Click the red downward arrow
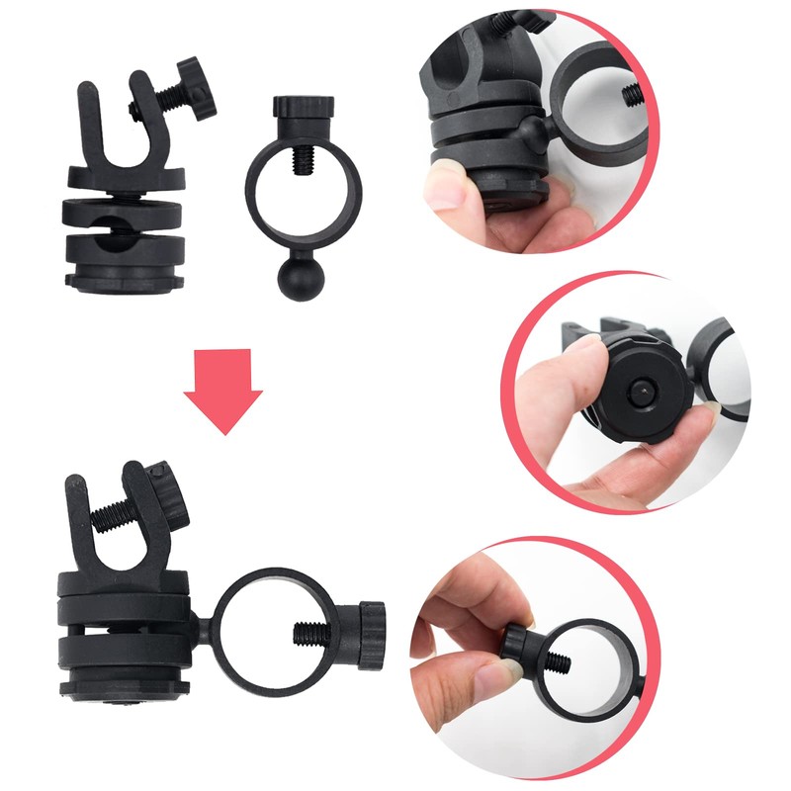pyautogui.click(x=222, y=396)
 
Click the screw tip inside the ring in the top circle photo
pyautogui.click(x=631, y=95)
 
